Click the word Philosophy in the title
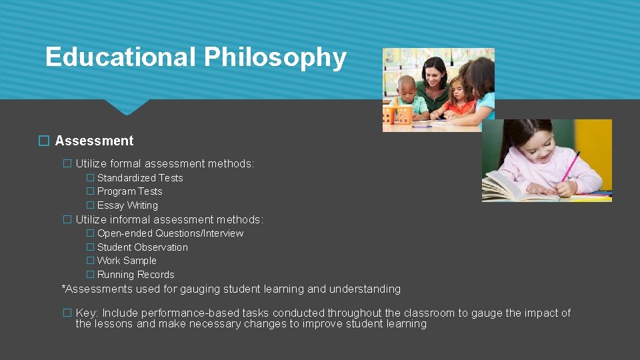[x=275, y=58]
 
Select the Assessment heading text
[x=94, y=141]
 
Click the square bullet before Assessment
[x=44, y=141]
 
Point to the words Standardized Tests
[x=140, y=178]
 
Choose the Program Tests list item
[x=129, y=191]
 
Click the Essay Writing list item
[x=127, y=205]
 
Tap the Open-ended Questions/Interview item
[x=170, y=233]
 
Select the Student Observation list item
[x=142, y=247]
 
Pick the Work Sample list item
[x=127, y=261]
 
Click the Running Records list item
[x=135, y=275]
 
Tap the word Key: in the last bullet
[x=87, y=313]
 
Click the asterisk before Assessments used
[x=64, y=288]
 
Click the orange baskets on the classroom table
[x=398, y=114]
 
